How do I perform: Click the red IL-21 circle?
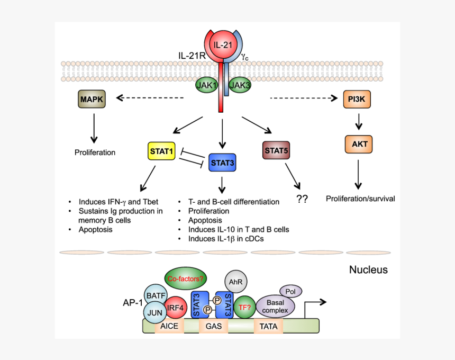pyautogui.click(x=222, y=45)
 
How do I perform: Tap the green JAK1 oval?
pyautogui.click(x=207, y=85)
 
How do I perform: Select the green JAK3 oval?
pyautogui.click(x=241, y=85)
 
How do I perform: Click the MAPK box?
pyautogui.click(x=92, y=99)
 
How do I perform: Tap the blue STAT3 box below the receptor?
pyautogui.click(x=222, y=163)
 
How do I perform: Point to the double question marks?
pyautogui.click(x=302, y=199)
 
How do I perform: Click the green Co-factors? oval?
pyautogui.click(x=185, y=278)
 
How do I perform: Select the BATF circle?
pyautogui.click(x=156, y=294)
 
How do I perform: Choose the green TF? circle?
pyautogui.click(x=244, y=307)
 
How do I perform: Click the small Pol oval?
pyautogui.click(x=291, y=291)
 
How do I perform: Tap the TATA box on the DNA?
pyautogui.click(x=269, y=327)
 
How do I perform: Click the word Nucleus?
pyautogui.click(x=368, y=270)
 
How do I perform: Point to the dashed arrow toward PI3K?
pyautogui.click(x=304, y=98)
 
